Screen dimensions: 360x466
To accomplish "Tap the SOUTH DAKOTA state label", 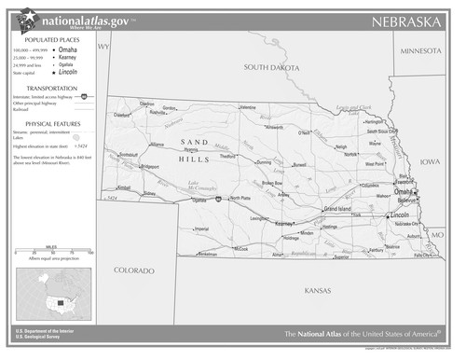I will click(271, 68).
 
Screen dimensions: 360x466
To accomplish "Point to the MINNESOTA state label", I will click(419, 51).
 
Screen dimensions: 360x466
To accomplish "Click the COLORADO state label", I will click(134, 270).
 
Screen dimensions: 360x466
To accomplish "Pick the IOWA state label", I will click(430, 161).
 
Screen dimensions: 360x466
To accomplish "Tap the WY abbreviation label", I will click(103, 46).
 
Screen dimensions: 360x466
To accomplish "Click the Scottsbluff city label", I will click(129, 155).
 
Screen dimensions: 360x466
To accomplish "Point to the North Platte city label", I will click(240, 198).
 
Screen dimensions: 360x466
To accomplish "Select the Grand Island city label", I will click(337, 209).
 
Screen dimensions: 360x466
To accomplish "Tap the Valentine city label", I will click(247, 107).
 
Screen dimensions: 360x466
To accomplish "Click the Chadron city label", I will click(147, 104).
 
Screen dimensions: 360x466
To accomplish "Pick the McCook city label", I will click(241, 249).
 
